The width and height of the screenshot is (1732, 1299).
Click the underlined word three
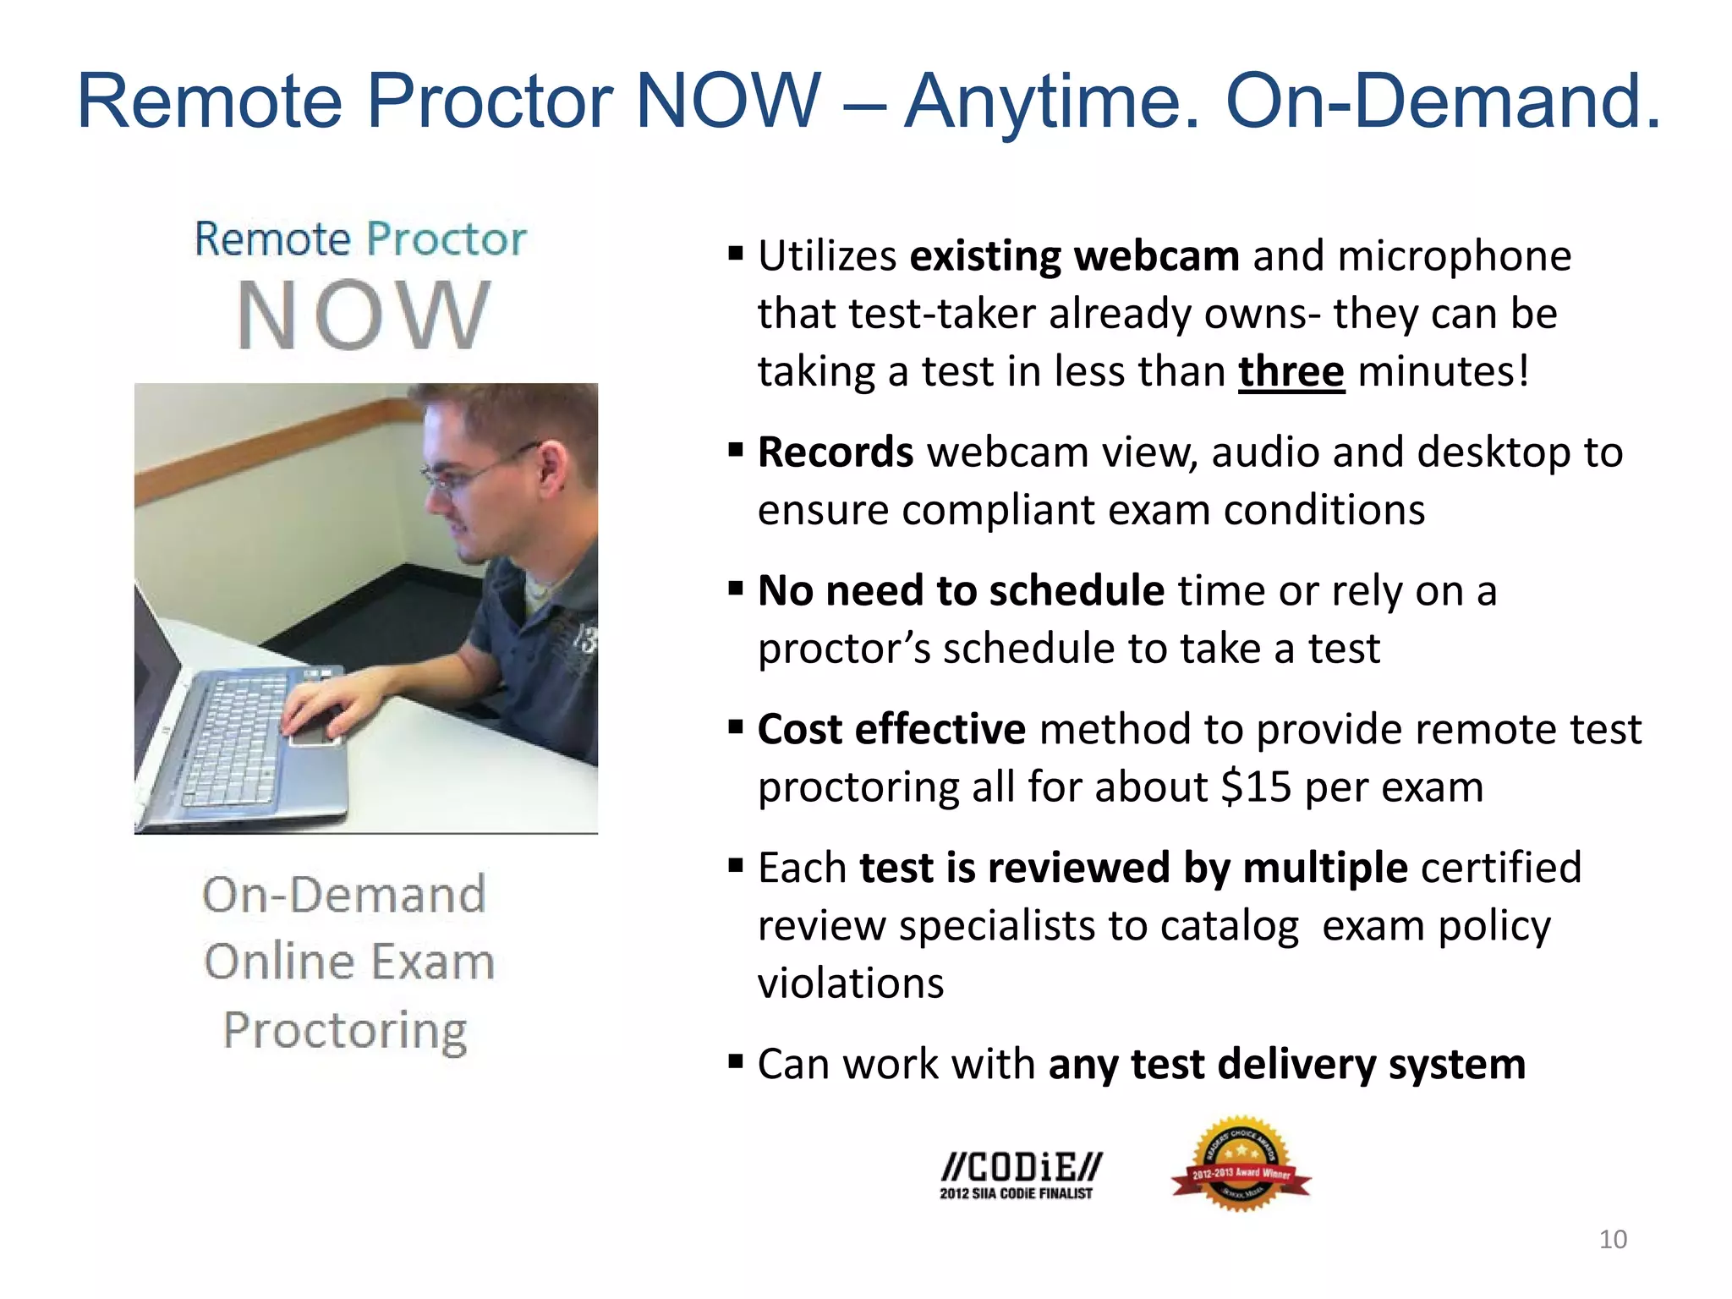point(1291,372)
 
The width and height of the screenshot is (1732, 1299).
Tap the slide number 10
point(1613,1239)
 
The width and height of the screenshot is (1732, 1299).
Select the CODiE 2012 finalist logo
point(1020,1174)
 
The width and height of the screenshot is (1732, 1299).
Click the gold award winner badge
point(1241,1165)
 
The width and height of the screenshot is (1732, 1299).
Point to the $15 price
point(1256,787)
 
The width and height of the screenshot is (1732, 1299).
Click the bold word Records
point(835,452)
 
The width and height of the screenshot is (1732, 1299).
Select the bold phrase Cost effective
point(891,729)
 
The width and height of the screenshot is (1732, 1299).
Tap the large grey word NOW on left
point(364,315)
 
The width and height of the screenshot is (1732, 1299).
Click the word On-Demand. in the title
point(1443,101)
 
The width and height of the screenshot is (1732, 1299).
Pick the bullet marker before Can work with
point(736,1061)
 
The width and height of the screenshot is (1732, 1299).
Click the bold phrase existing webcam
point(1074,256)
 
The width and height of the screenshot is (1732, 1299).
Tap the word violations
point(850,984)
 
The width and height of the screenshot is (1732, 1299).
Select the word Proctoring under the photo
point(345,1030)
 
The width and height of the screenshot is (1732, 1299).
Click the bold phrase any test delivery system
point(1286,1064)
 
